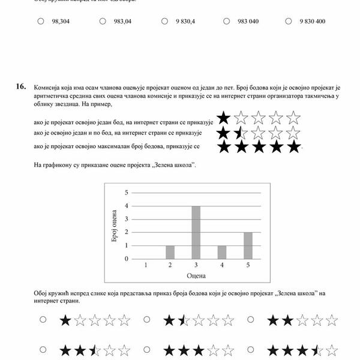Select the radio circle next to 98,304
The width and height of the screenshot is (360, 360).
point(41,21)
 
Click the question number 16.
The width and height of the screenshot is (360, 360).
point(21,86)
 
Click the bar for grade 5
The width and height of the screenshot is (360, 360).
point(247,245)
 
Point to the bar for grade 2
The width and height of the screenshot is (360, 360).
point(170,252)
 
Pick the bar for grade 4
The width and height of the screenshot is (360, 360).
point(221,252)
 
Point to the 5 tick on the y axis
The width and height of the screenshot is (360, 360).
point(127,193)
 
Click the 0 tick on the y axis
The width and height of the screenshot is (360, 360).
point(127,259)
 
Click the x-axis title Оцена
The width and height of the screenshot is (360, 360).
point(196,276)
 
